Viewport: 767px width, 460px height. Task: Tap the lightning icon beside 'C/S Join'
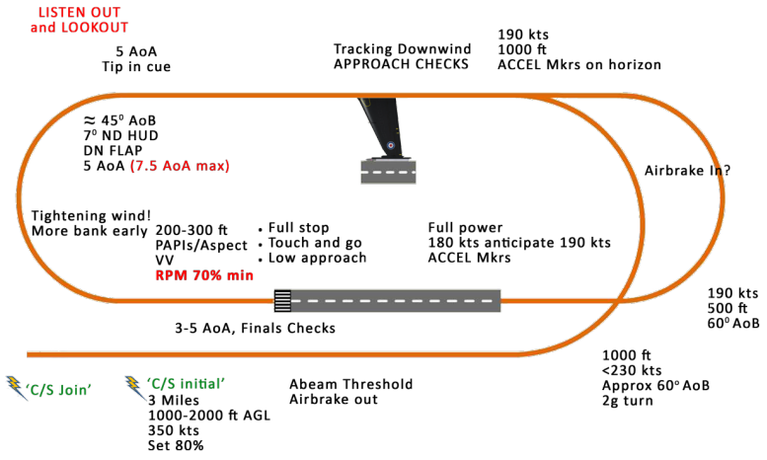point(17,387)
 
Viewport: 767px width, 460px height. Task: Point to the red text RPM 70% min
point(204,276)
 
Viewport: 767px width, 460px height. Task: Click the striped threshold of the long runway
point(283,299)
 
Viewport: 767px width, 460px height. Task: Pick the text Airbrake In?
point(688,170)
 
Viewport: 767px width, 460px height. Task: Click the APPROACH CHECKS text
point(401,65)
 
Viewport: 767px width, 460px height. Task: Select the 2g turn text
point(632,402)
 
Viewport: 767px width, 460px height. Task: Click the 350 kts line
point(170,431)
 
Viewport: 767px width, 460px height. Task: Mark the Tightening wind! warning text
point(93,216)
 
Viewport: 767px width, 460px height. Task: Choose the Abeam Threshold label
point(350,384)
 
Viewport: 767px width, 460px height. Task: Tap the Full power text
point(466,227)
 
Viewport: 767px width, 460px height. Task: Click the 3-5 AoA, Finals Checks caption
point(254,329)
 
